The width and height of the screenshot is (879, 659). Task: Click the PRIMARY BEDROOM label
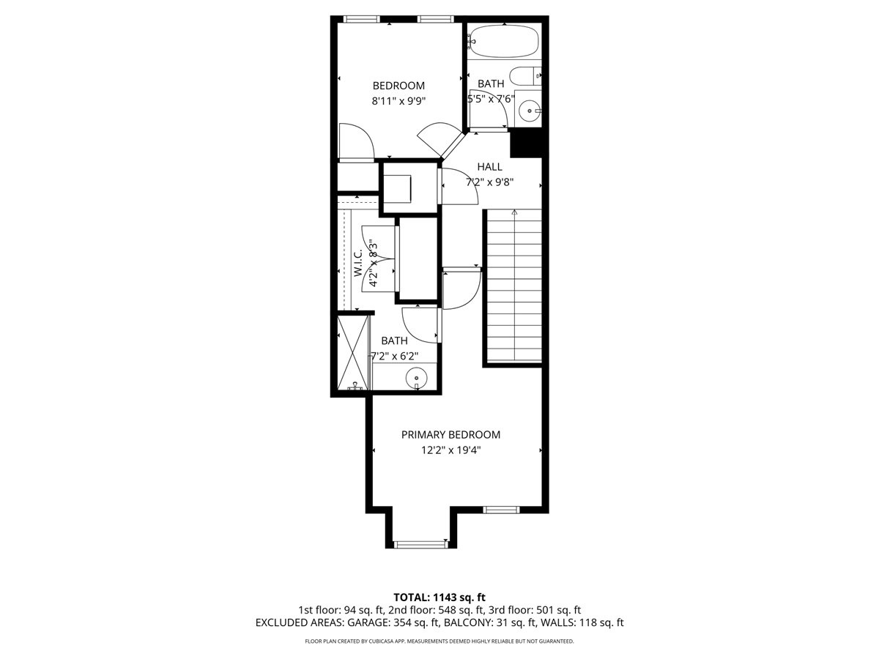[450, 434]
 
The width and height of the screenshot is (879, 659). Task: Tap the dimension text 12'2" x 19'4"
[450, 450]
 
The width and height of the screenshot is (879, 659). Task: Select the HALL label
[489, 167]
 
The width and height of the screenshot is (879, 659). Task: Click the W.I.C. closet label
[358, 263]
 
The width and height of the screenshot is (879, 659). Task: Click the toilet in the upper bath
[524, 75]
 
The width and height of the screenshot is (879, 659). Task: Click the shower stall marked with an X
[352, 354]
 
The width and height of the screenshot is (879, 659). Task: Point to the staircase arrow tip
[514, 212]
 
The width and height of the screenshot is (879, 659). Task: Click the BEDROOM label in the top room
[398, 86]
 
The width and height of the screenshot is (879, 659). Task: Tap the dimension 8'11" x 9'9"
[398, 102]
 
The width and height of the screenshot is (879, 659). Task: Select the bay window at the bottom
[420, 543]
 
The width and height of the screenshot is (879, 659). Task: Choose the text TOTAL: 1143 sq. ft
[439, 597]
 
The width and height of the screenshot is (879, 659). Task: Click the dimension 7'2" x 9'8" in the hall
[489, 183]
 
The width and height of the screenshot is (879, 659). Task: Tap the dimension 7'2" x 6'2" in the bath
[394, 357]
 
